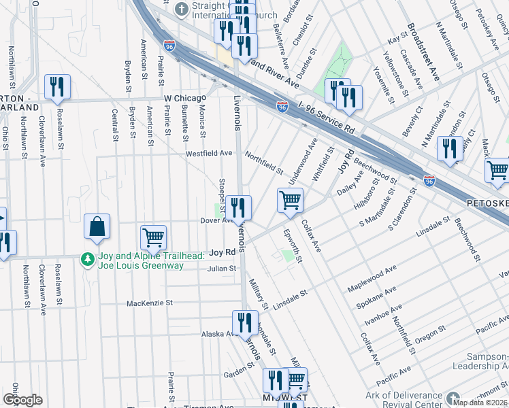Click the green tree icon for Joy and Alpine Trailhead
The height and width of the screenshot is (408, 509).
[86, 259]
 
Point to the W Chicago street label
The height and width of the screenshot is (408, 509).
[185, 99]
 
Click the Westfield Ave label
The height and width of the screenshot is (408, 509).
[210, 154]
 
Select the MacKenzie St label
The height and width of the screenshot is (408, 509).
[150, 303]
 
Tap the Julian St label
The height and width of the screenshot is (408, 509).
[222, 269]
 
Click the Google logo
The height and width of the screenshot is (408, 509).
[22, 400]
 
